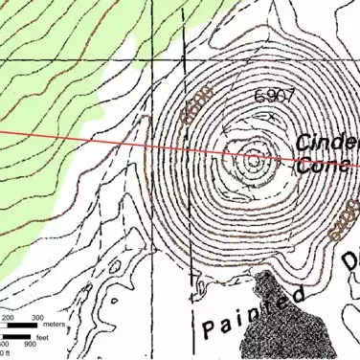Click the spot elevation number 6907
[274, 96]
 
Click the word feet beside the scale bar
[43, 337]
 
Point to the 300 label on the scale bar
[39, 317]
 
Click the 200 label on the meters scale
[8, 317]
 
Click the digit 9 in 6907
[270, 96]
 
